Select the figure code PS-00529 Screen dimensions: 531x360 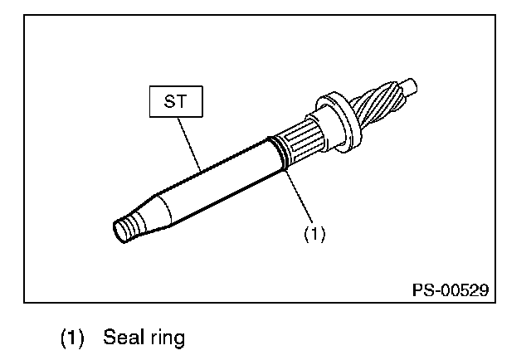pos(450,290)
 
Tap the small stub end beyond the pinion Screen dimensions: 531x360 pos(412,85)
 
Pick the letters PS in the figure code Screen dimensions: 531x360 pos(422,290)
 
